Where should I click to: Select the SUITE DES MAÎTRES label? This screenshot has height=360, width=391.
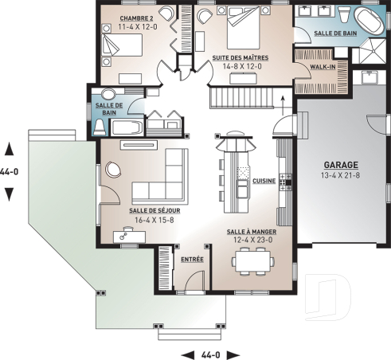point(240,58)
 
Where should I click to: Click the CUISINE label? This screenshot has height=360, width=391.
point(264,182)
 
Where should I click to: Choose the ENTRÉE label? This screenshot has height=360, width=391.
point(192,259)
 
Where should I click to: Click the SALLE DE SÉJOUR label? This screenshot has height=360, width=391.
point(154,211)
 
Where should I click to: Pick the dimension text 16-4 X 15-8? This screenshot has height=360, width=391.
point(154,220)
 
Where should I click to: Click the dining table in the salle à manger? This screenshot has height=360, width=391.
point(252,260)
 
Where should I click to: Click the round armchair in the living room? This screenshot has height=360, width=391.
point(111,170)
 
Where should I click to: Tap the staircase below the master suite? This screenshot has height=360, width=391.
point(244,100)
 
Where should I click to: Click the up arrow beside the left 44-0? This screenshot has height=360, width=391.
point(10,148)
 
